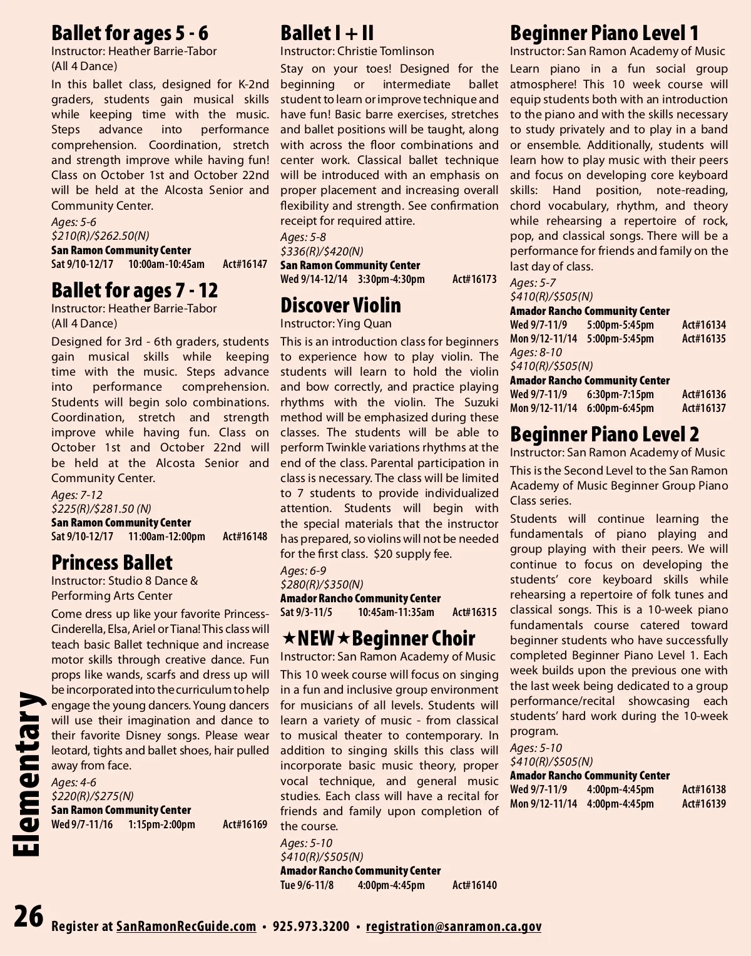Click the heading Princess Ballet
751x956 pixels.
(x=111, y=562)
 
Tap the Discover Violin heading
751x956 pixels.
(x=340, y=305)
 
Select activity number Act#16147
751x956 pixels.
(x=245, y=264)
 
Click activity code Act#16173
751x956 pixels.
(x=474, y=279)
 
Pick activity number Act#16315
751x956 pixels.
(x=474, y=612)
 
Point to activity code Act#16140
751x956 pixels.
(x=474, y=885)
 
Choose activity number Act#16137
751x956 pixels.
(x=704, y=408)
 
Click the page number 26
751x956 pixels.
(x=29, y=917)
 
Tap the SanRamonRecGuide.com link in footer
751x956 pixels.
(x=186, y=927)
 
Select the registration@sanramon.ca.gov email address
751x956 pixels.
(x=454, y=927)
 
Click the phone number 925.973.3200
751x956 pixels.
(x=311, y=927)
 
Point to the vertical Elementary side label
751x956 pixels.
(x=28, y=774)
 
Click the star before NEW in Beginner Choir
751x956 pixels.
(x=289, y=638)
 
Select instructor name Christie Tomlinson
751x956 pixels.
(x=386, y=51)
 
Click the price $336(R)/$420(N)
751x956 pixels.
(x=322, y=251)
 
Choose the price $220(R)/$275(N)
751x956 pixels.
(x=93, y=796)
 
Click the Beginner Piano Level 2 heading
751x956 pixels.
(x=604, y=434)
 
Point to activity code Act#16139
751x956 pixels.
(x=704, y=804)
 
